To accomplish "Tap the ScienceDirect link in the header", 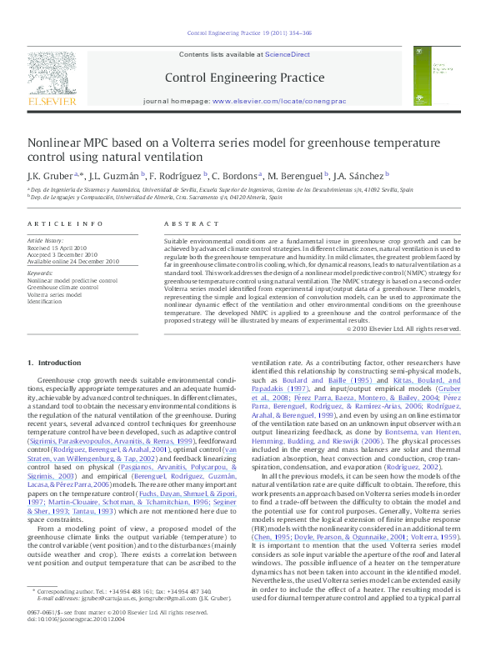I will pyautogui.click(x=287, y=54).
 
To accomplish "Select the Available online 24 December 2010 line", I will pyautogui.click(x=73, y=262).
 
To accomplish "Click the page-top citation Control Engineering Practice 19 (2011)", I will pyautogui.click(x=250, y=33).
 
